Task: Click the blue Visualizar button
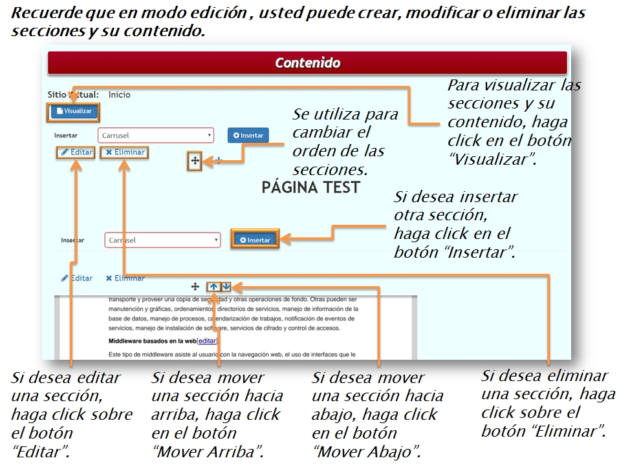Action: coord(74,111)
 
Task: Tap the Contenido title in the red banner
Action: coord(307,63)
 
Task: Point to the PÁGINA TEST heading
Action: coord(310,187)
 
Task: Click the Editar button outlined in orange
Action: coord(76,152)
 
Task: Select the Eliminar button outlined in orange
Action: coord(125,152)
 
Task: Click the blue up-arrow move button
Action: coord(213,286)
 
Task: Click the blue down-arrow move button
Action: coord(226,286)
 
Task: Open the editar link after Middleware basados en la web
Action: coord(207,340)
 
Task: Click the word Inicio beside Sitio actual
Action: coord(119,95)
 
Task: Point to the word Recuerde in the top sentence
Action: coord(43,14)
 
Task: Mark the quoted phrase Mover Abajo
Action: coord(367,451)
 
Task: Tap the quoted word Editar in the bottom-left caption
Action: coord(40,451)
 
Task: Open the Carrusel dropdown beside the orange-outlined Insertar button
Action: coord(163,240)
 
